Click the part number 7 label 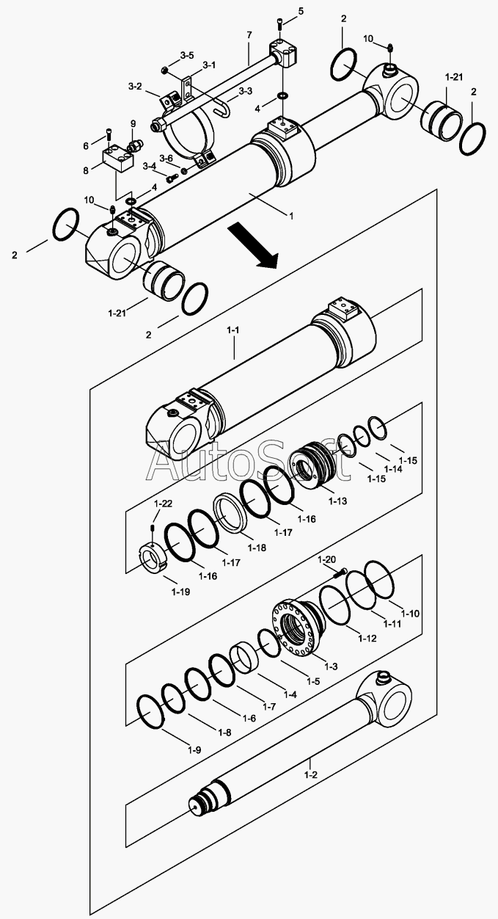[249, 34]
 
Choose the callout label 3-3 [246, 92]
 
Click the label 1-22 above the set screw [163, 503]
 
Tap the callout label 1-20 [326, 559]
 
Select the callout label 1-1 [234, 330]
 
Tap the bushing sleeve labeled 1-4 [243, 655]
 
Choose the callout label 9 [133, 123]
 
